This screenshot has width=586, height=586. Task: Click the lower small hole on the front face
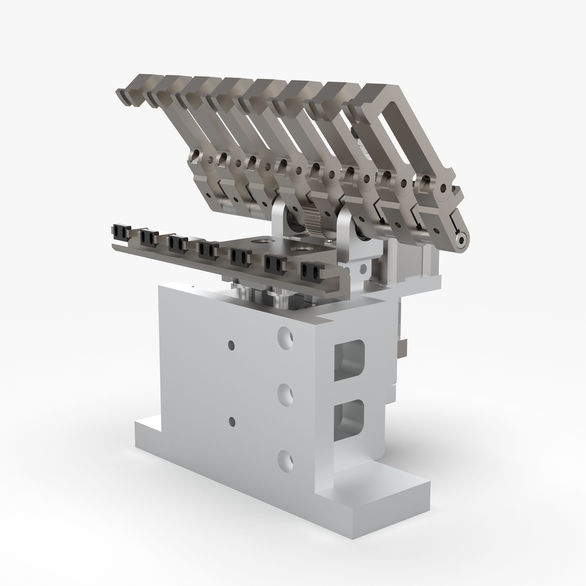click(x=232, y=421)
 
